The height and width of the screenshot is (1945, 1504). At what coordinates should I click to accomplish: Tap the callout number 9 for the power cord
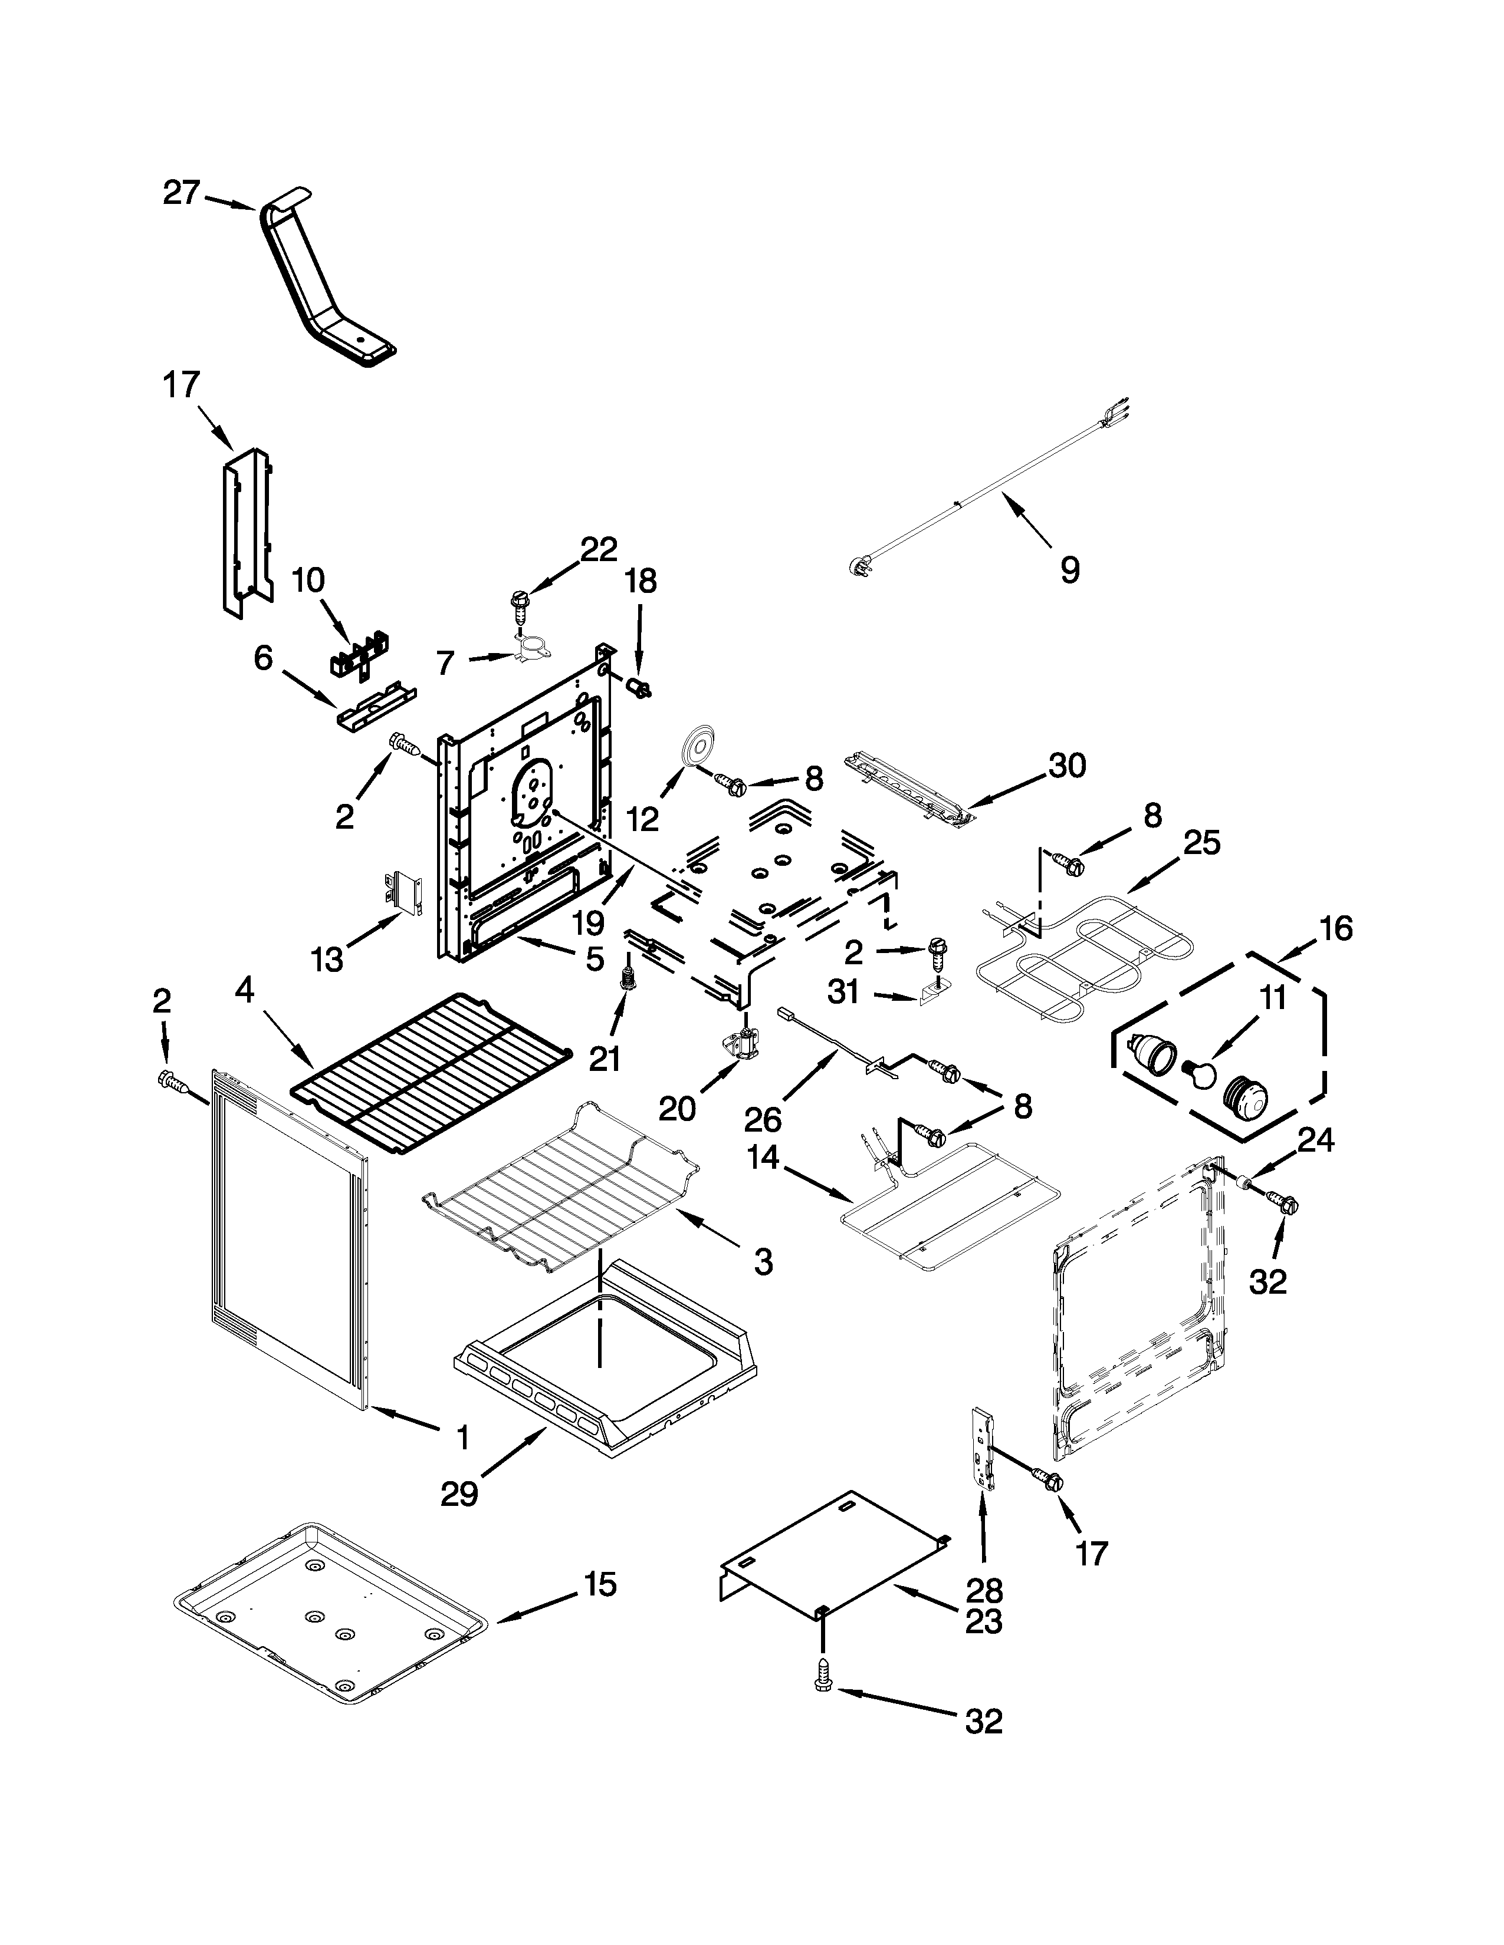point(1070,570)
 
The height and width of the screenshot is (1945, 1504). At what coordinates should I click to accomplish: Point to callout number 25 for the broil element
point(1201,842)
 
